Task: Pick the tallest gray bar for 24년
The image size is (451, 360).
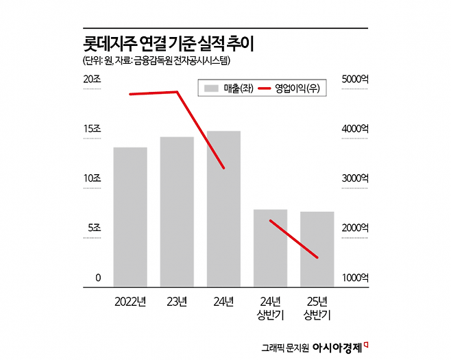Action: tap(223, 208)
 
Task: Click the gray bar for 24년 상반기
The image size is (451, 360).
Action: tap(270, 248)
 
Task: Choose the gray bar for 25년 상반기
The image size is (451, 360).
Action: tap(317, 249)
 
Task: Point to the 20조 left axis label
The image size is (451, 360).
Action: tap(92, 80)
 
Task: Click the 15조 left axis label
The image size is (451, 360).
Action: tap(92, 129)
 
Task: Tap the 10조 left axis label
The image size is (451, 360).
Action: tap(92, 178)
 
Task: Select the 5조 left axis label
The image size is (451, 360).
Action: tap(93, 228)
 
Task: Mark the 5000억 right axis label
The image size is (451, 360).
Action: tap(356, 80)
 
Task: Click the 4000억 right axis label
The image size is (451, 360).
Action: tap(356, 129)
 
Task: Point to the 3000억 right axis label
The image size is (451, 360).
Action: tap(356, 178)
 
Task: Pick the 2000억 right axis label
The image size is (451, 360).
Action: tap(356, 228)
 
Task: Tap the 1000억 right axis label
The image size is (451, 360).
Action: tap(356, 278)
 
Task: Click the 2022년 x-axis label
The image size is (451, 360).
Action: tap(130, 301)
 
